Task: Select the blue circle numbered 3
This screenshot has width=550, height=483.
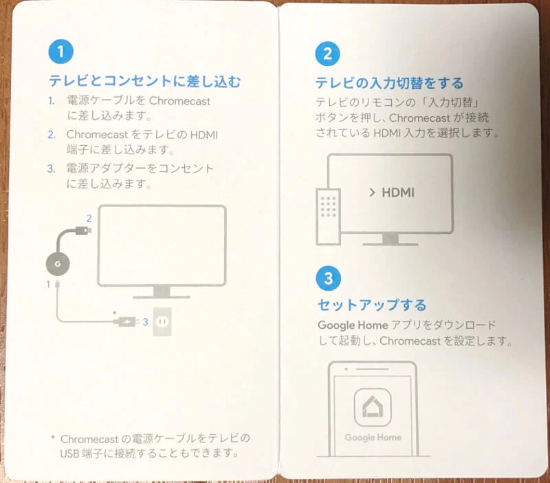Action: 329,278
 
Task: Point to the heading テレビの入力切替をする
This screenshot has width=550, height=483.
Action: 389,83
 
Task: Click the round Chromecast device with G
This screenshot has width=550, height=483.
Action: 58,263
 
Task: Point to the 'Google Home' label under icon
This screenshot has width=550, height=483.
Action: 373,438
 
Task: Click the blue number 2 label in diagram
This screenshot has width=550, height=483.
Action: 89,218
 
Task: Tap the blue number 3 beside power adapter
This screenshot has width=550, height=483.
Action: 145,321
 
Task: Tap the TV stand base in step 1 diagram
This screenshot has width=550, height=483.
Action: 161,296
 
